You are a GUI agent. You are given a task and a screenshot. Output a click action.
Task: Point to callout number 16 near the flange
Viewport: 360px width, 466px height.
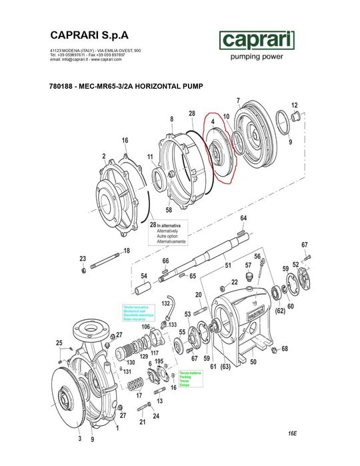click(x=125, y=140)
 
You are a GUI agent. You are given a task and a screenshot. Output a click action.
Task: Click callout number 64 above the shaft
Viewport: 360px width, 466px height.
click(x=244, y=218)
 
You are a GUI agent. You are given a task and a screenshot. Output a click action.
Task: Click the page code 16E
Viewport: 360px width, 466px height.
click(x=292, y=433)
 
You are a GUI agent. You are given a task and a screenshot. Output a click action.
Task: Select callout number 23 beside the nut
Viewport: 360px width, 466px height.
click(x=83, y=258)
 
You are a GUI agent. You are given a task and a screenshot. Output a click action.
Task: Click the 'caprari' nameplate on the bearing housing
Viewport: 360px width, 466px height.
click(x=255, y=310)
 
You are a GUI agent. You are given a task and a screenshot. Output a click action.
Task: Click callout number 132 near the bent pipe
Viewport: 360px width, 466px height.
click(x=166, y=303)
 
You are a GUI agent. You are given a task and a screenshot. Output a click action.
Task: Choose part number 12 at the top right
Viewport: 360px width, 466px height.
click(x=295, y=105)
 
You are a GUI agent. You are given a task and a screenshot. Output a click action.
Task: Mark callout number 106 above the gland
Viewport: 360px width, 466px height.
click(x=145, y=327)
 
